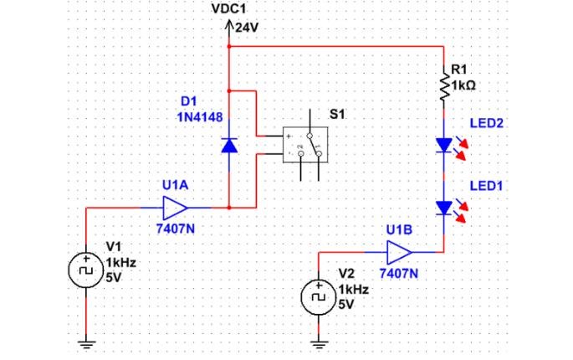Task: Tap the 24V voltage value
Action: [247, 28]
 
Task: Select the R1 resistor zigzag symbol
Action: [444, 87]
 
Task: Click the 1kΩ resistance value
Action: [463, 85]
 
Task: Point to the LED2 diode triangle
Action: [444, 145]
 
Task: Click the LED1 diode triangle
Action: [444, 208]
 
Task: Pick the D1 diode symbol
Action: [229, 145]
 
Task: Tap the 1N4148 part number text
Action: [200, 117]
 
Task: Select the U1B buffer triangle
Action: [399, 252]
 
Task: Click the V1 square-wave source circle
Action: [86, 270]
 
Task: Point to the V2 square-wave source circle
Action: [319, 297]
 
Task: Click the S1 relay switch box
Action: [305, 145]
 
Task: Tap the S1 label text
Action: [337, 115]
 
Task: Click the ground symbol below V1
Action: [86, 344]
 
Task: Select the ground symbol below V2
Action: [319, 344]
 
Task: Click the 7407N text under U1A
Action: [176, 229]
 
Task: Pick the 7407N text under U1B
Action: [399, 273]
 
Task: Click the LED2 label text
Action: [486, 123]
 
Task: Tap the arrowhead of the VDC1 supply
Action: [228, 24]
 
